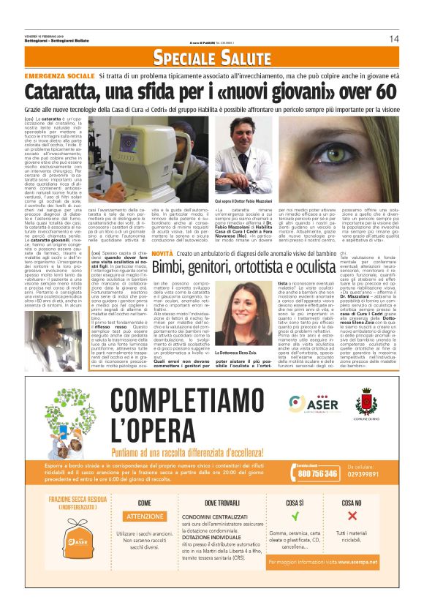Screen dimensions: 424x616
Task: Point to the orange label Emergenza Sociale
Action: (60, 76)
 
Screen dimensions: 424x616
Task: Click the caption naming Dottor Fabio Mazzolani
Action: (243, 199)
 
